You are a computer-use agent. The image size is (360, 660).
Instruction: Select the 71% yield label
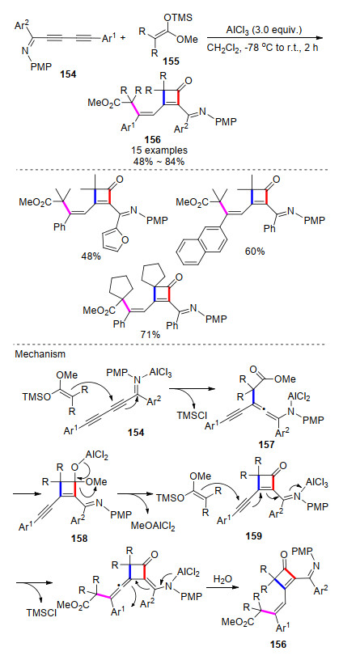click(150, 334)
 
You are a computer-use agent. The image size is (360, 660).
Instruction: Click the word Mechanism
click(40, 354)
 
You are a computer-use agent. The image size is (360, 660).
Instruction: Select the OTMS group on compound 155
click(178, 17)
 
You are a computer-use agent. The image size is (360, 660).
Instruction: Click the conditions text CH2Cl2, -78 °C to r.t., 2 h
click(262, 48)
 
